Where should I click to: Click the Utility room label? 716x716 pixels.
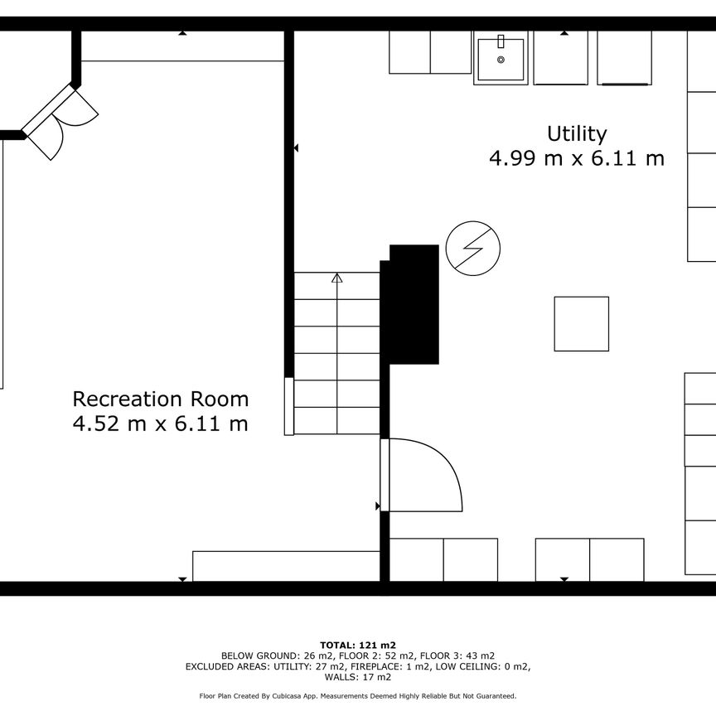click(577, 133)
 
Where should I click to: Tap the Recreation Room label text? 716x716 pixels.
click(161, 399)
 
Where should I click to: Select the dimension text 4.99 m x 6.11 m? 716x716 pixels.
click(577, 158)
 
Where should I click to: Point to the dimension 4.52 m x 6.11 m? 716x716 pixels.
click(161, 424)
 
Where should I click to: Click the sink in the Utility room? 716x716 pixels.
click(501, 58)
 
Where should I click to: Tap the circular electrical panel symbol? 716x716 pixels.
click(473, 248)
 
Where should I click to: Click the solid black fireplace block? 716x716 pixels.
click(414, 304)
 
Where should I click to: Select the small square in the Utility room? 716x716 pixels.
click(581, 324)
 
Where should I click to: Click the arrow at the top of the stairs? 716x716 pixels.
click(337, 278)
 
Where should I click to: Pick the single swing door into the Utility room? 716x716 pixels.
click(423, 475)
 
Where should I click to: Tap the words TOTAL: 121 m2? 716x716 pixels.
click(358, 645)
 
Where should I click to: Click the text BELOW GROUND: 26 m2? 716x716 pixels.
click(264, 656)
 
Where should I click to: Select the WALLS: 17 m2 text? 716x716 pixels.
click(358, 676)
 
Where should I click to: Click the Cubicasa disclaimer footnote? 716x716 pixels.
click(358, 696)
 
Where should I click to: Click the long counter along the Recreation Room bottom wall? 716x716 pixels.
click(286, 566)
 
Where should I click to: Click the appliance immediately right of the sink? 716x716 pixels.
click(560, 58)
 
